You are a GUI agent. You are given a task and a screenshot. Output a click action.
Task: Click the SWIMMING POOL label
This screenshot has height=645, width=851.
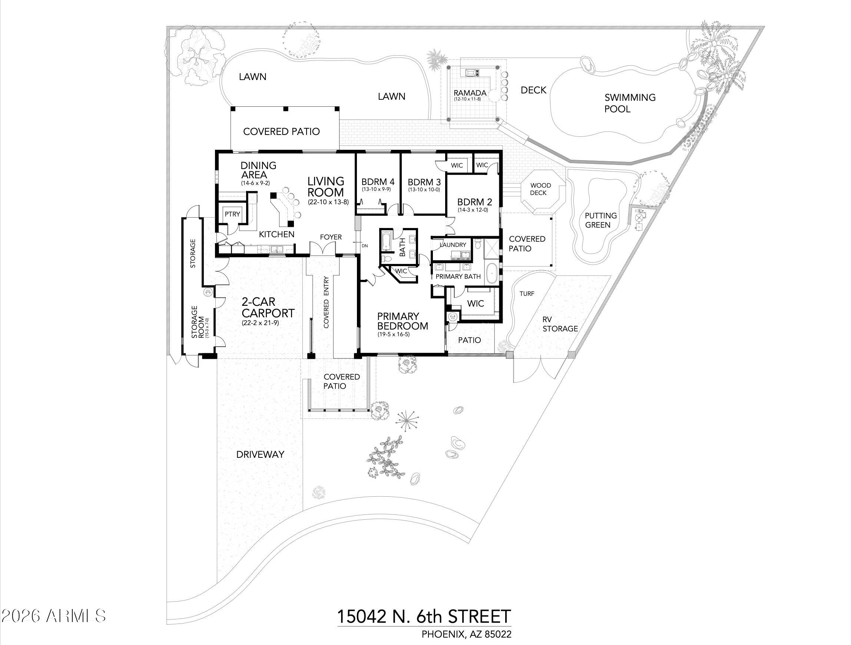click(629, 103)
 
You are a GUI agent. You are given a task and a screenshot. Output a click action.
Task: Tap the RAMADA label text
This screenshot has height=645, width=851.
click(470, 93)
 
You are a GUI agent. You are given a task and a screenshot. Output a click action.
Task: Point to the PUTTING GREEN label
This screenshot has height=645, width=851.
click(600, 220)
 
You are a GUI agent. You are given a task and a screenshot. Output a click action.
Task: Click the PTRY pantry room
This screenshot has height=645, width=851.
click(232, 214)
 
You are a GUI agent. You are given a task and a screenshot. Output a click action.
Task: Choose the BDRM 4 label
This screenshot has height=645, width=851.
click(378, 182)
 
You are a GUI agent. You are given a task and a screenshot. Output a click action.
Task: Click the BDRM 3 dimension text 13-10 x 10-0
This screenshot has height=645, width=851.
click(424, 189)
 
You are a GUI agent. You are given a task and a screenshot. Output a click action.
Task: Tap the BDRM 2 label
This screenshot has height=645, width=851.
click(474, 202)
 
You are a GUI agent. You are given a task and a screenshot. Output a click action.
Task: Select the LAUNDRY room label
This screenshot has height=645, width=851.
click(453, 245)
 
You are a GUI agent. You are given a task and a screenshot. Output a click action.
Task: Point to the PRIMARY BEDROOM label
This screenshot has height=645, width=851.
click(402, 321)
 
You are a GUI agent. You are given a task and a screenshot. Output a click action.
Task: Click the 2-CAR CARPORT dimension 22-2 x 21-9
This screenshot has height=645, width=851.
click(260, 323)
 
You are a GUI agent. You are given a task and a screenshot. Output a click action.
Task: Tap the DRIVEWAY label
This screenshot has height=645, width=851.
click(260, 454)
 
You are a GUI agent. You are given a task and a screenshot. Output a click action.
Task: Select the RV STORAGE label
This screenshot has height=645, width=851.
click(560, 324)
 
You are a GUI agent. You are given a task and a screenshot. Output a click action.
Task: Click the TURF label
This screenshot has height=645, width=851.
click(527, 294)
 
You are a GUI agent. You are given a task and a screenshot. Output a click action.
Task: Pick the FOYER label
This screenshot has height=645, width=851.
click(331, 237)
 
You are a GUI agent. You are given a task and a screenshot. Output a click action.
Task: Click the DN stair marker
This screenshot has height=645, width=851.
click(364, 245)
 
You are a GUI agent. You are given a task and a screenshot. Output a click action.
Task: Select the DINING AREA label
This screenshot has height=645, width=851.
click(258, 170)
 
